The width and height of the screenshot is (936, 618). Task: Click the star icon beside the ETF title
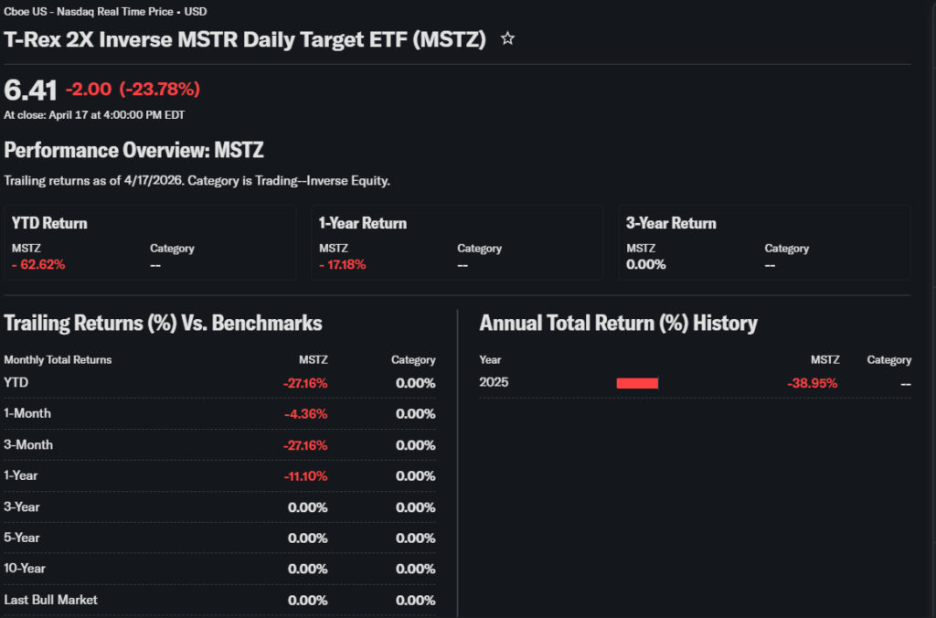coord(508,38)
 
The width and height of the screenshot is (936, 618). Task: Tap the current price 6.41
coord(30,90)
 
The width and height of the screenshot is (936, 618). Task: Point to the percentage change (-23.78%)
coord(160,89)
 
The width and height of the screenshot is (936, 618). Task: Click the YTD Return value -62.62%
coord(38,264)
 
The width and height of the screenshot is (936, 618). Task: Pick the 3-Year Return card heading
coord(671,223)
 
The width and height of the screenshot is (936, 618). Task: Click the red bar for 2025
coord(637,383)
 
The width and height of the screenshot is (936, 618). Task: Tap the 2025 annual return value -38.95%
coord(812,383)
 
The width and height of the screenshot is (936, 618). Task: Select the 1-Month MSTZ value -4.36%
coord(305,414)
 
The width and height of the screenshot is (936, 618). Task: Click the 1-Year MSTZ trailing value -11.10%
coord(305,476)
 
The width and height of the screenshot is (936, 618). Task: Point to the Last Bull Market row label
coord(51,600)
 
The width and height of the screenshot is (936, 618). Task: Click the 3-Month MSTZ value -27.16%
coord(305,445)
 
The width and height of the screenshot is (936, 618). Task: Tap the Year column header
coord(490,359)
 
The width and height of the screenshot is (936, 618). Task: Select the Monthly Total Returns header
coord(58,359)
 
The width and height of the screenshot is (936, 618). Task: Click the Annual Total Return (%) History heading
coord(618,323)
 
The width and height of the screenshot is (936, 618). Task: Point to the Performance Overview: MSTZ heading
coord(133,150)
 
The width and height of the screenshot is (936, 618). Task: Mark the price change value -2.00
coord(89,89)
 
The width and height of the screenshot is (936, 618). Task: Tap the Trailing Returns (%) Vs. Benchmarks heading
coord(163,323)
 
